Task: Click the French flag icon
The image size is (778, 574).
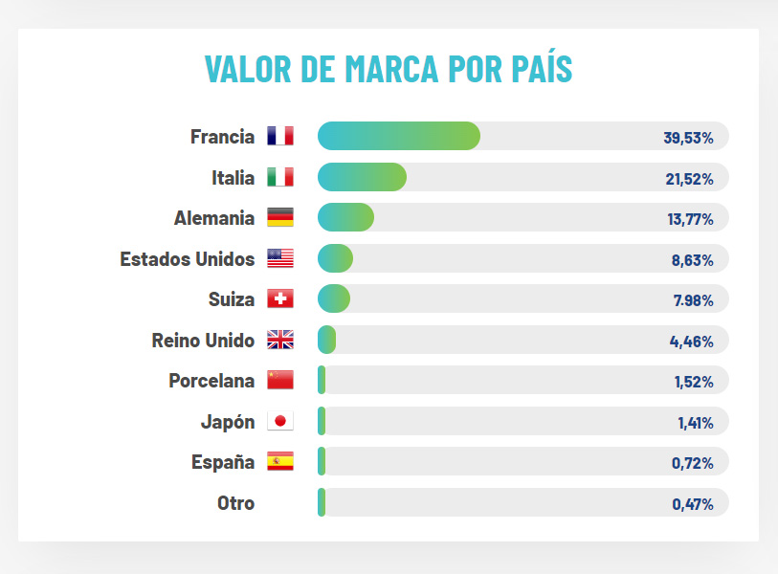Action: (280, 137)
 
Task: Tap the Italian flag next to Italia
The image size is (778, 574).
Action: (280, 177)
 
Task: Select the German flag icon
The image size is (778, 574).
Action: (280, 218)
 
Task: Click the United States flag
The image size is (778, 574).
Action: (280, 258)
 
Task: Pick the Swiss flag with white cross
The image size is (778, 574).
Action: (280, 299)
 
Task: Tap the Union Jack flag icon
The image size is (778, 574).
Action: (280, 340)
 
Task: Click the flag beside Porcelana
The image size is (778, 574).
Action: (280, 381)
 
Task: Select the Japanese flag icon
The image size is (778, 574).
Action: (280, 421)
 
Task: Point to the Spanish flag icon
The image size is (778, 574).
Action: (280, 462)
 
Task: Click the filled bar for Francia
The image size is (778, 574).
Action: (398, 137)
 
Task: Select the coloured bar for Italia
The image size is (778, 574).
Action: (362, 177)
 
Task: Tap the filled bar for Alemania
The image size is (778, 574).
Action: (345, 218)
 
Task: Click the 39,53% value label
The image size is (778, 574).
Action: (688, 138)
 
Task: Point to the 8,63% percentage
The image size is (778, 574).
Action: (692, 259)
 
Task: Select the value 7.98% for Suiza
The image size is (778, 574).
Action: (693, 300)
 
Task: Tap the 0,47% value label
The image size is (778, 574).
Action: (692, 504)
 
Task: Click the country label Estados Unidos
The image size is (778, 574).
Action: (188, 258)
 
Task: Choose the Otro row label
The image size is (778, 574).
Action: (235, 502)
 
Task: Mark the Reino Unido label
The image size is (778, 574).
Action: (203, 340)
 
